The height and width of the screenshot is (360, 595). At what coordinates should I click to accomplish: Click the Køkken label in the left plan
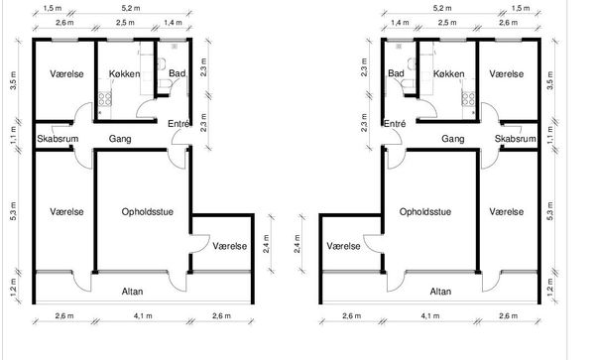pos(125,74)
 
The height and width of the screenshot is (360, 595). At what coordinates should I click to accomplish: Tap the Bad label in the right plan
pos(396,73)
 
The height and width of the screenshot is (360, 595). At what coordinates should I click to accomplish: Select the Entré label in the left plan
pos(178,124)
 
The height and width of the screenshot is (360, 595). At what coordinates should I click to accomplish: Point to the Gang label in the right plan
pos(453,139)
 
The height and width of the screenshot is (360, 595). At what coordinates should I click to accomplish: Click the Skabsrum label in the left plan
pos(58,139)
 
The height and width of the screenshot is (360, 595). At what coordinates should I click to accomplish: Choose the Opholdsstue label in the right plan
pos(425,211)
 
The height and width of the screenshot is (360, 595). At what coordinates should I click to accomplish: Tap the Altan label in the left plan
pos(133,292)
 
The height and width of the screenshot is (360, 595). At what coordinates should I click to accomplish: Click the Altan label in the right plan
pos(440,292)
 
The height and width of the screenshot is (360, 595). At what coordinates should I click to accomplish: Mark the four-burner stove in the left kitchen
pos(105,98)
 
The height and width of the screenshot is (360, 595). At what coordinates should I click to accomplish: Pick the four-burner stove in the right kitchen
pos(468,98)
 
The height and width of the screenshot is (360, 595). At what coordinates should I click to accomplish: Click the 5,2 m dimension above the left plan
pos(130,8)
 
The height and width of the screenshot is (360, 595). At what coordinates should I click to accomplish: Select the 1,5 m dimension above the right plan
pos(521,8)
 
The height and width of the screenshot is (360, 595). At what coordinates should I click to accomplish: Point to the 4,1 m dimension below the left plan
pos(143,315)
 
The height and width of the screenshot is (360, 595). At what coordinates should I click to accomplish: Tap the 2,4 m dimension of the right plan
pos(297,244)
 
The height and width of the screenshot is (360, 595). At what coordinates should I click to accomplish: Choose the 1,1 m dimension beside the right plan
pos(551,135)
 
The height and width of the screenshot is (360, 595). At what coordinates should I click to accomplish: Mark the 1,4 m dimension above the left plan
pos(173,23)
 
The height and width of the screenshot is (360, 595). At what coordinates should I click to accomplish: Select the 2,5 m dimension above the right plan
pos(447,23)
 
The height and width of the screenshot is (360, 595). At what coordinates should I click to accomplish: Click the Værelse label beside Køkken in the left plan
pos(66,74)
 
